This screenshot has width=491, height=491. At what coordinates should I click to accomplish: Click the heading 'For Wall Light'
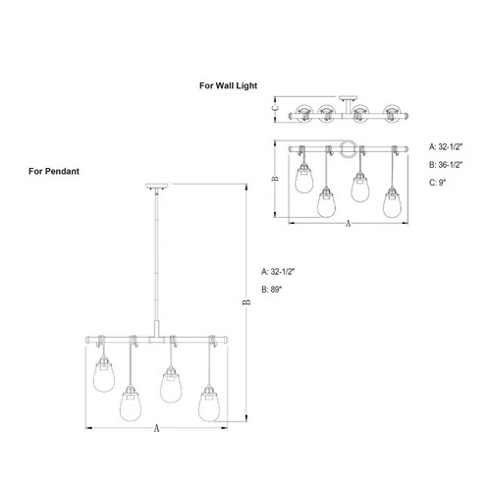coord(229,85)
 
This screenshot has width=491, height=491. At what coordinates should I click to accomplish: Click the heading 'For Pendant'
coord(54,171)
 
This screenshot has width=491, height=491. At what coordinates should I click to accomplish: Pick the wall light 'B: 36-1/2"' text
coord(448,164)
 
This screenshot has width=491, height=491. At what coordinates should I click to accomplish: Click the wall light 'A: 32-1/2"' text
coord(448,146)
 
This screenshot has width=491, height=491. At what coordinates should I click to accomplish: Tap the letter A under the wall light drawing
coord(348,225)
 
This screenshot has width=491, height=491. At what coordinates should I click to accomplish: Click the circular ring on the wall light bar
coord(348,149)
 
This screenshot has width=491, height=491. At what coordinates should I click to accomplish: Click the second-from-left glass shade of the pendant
coord(129,403)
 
